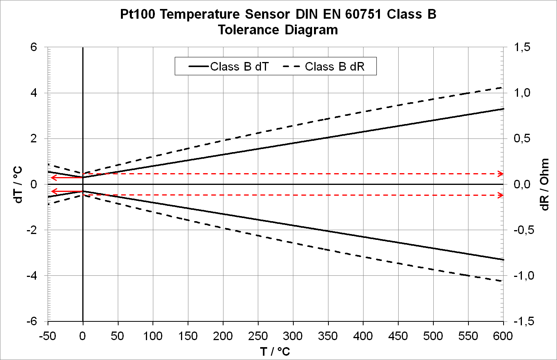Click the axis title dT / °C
tap(18, 184)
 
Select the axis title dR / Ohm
tap(545, 184)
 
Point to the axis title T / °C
tap(275, 351)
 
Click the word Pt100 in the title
tap(138, 15)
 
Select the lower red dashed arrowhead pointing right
tap(500, 195)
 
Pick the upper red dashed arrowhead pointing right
tap(500, 174)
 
